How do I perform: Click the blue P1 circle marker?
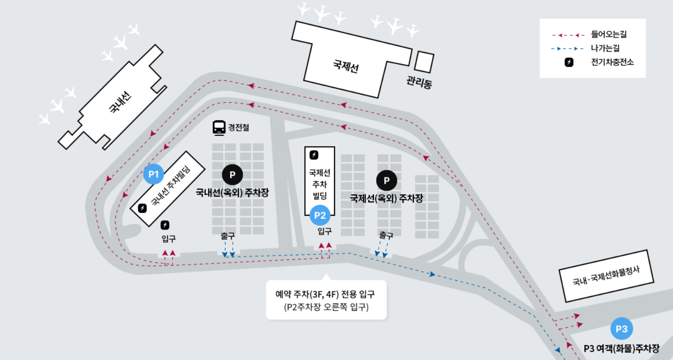154,174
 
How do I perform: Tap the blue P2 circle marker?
320,215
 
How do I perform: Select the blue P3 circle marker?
622,329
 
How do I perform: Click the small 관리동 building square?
424,62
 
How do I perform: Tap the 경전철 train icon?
219,127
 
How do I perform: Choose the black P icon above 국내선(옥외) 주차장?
232,175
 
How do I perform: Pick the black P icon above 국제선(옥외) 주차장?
386,180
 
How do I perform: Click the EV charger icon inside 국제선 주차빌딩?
314,154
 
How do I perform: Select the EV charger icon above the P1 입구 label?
165,225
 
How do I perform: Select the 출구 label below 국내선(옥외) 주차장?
228,235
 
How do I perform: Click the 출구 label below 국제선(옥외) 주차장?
386,235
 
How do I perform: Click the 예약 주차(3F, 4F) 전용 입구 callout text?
326,294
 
